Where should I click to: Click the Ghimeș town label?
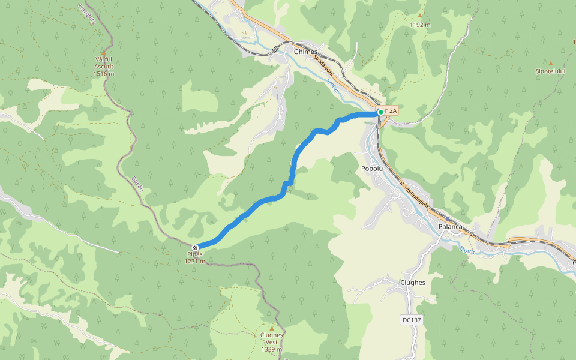(305, 52)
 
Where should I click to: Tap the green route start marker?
(380, 112)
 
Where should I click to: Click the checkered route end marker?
(195, 247)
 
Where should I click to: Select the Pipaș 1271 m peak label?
(195, 258)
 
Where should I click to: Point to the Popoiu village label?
(372, 169)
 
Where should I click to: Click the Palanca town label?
(450, 227)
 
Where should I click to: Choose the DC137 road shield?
(412, 320)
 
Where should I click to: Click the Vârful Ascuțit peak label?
(104, 66)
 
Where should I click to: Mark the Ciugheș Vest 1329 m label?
(271, 342)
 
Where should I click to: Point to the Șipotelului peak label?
(550, 71)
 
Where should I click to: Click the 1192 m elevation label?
(420, 25)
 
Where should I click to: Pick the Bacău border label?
(138, 185)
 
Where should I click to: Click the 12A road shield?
(391, 110)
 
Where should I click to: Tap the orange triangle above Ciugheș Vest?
(271, 328)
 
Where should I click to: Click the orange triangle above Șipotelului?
(550, 62)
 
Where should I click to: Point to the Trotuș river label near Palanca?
(467, 251)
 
